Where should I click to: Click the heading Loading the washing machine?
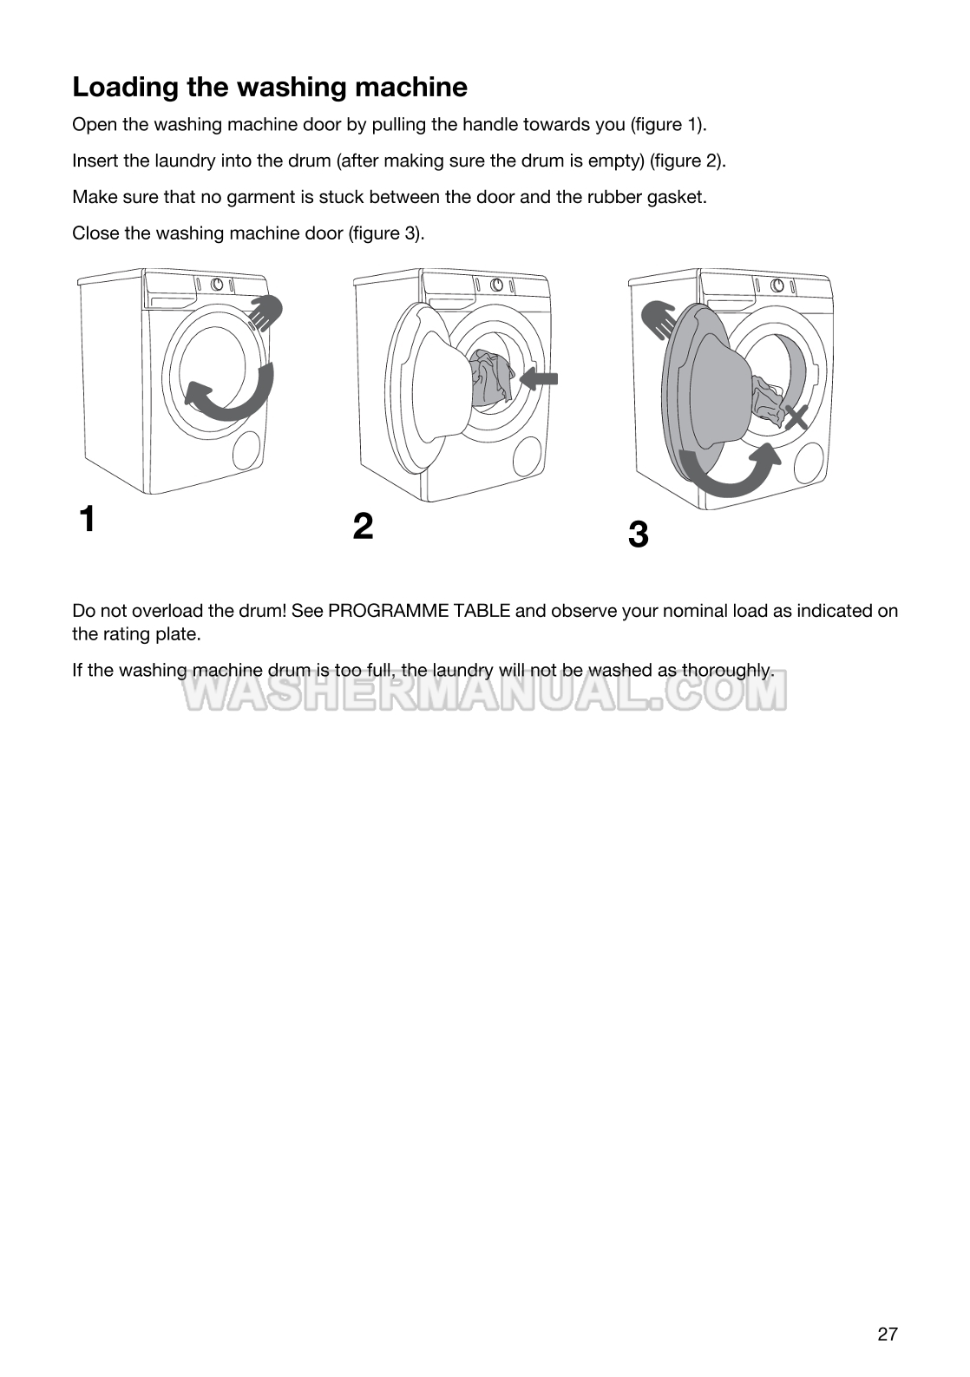[x=269, y=87]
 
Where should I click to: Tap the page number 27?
[x=887, y=1334]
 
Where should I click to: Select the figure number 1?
[x=87, y=519]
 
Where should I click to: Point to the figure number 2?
[x=364, y=526]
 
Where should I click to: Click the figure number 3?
[x=638, y=534]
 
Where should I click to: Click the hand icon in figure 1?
[x=266, y=312]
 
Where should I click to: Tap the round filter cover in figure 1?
[x=247, y=451]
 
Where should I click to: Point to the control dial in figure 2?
[x=497, y=285]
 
